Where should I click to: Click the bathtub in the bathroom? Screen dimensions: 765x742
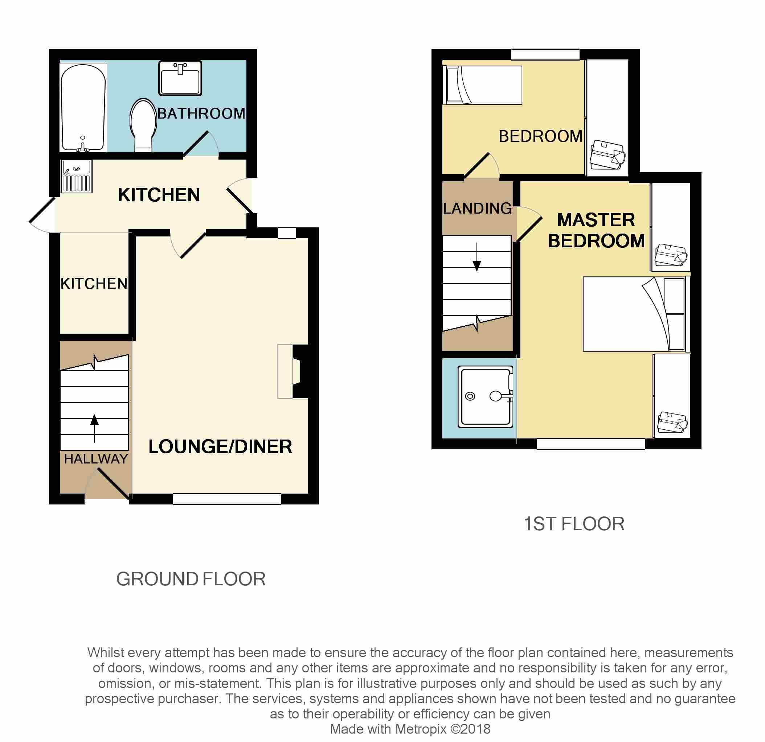83,108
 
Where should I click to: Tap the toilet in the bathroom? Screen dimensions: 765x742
143,125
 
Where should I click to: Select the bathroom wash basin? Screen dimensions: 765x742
180,78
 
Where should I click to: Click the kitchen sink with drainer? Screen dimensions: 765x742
77,176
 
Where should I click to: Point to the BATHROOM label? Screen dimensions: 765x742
201,114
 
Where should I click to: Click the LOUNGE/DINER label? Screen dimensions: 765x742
220,446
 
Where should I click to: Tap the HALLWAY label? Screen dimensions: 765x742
96,459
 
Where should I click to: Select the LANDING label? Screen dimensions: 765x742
477,208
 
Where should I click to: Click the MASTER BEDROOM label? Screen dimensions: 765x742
596,230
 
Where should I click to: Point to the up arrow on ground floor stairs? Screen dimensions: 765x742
94,429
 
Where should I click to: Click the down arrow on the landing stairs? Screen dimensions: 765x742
477,257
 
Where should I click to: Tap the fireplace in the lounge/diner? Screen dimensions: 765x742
293,371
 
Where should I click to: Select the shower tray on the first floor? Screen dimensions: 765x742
486,396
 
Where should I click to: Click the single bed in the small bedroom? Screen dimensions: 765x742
482,85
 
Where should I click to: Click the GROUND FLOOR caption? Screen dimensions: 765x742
191,579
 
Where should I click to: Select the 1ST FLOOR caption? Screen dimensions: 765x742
574,524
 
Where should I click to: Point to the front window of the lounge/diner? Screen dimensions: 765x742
227,499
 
